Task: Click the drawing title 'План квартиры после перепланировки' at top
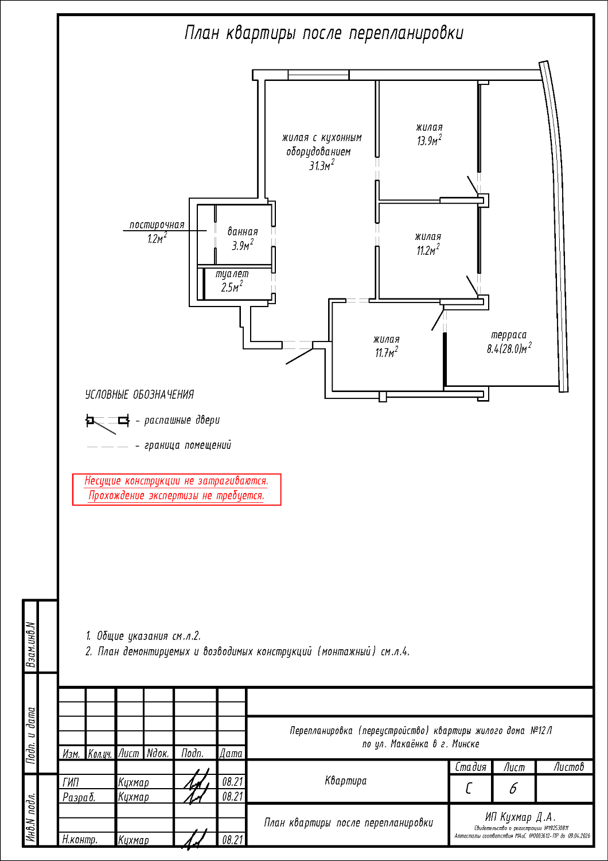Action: [x=324, y=33]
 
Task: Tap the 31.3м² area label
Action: [x=321, y=166]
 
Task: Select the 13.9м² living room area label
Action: [x=429, y=141]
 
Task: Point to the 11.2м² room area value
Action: [x=428, y=250]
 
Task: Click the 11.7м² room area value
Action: [x=387, y=352]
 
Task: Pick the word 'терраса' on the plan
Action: [x=508, y=335]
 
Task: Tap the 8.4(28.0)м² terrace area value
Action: [x=509, y=348]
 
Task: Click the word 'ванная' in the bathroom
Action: [x=243, y=232]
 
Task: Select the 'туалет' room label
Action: [x=232, y=274]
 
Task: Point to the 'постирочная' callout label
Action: [x=157, y=224]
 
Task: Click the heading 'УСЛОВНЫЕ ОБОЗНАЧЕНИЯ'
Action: [x=139, y=394]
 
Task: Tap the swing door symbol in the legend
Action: [x=107, y=421]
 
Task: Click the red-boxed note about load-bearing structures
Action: [x=176, y=488]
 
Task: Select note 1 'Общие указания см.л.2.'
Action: [x=143, y=636]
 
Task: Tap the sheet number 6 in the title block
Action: [x=513, y=789]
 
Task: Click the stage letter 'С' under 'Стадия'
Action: [x=470, y=789]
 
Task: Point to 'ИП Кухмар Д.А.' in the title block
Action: [x=521, y=817]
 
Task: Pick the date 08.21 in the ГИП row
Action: [x=232, y=782]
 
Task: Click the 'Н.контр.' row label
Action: [x=80, y=840]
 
